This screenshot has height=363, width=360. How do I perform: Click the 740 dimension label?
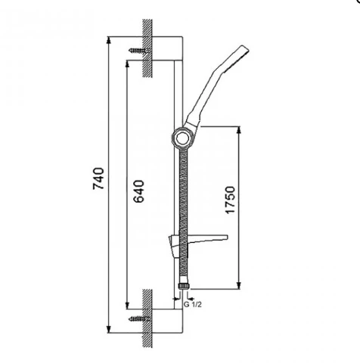point(98,178)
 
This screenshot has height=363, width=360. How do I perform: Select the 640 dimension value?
point(138,191)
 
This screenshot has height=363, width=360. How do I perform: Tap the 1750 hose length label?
point(230,200)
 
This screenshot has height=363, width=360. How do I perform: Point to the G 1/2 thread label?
point(193,304)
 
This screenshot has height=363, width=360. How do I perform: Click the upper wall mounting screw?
point(139,51)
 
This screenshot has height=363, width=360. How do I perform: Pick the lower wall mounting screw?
point(139,318)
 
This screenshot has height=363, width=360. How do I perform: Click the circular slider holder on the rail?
point(181,138)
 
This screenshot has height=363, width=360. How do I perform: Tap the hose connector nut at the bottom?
point(184,286)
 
